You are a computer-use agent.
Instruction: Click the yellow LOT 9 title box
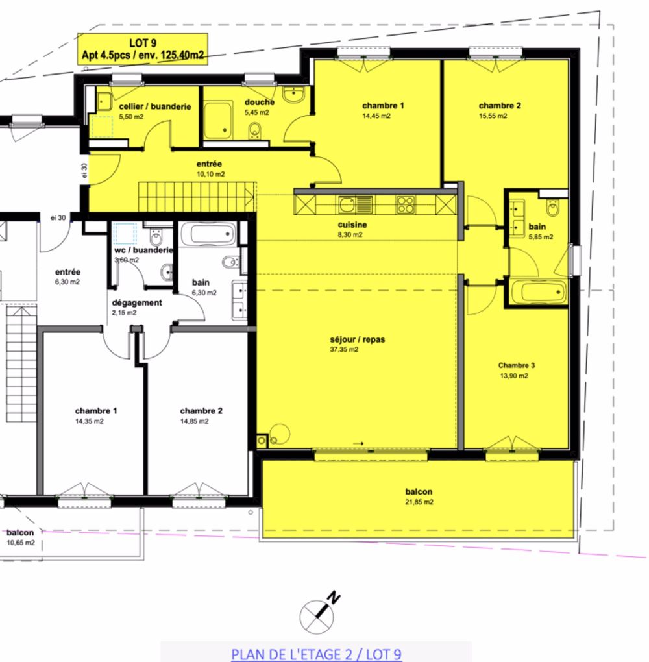click(x=142, y=49)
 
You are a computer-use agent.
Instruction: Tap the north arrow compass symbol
click(x=317, y=613)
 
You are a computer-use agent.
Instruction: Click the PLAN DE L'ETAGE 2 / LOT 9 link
click(x=316, y=654)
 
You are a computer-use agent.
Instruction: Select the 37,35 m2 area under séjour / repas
click(x=344, y=350)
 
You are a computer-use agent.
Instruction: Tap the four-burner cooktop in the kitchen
click(x=406, y=204)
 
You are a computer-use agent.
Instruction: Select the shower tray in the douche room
click(x=219, y=120)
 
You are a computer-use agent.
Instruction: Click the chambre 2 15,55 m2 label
click(x=500, y=106)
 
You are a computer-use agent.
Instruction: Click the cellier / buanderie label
click(x=154, y=106)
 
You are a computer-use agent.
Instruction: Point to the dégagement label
click(x=137, y=302)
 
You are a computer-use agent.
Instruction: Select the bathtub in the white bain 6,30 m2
click(x=208, y=234)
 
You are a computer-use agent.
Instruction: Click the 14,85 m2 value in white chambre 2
click(x=195, y=421)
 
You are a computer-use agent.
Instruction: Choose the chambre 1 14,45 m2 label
click(x=383, y=106)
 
